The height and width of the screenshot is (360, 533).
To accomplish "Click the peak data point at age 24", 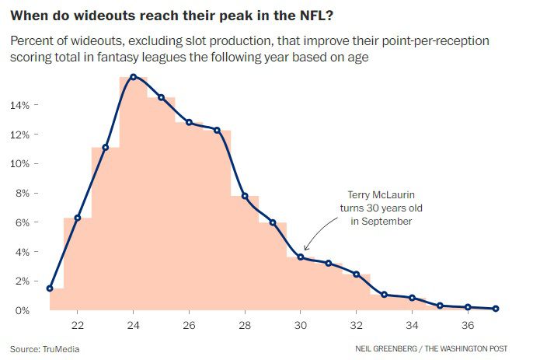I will click(x=134, y=77).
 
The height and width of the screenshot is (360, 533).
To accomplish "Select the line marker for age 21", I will click(x=50, y=288).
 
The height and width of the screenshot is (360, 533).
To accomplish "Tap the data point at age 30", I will click(x=301, y=257).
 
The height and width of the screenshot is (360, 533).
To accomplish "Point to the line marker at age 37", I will click(x=496, y=309).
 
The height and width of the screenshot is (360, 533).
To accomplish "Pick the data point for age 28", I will click(x=245, y=196).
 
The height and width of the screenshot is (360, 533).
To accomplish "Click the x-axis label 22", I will click(x=78, y=325).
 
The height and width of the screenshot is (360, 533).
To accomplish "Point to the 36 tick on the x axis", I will click(x=468, y=325).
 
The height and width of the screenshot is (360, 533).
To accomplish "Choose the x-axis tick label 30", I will click(x=301, y=325).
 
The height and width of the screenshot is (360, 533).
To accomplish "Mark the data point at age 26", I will click(x=189, y=122).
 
